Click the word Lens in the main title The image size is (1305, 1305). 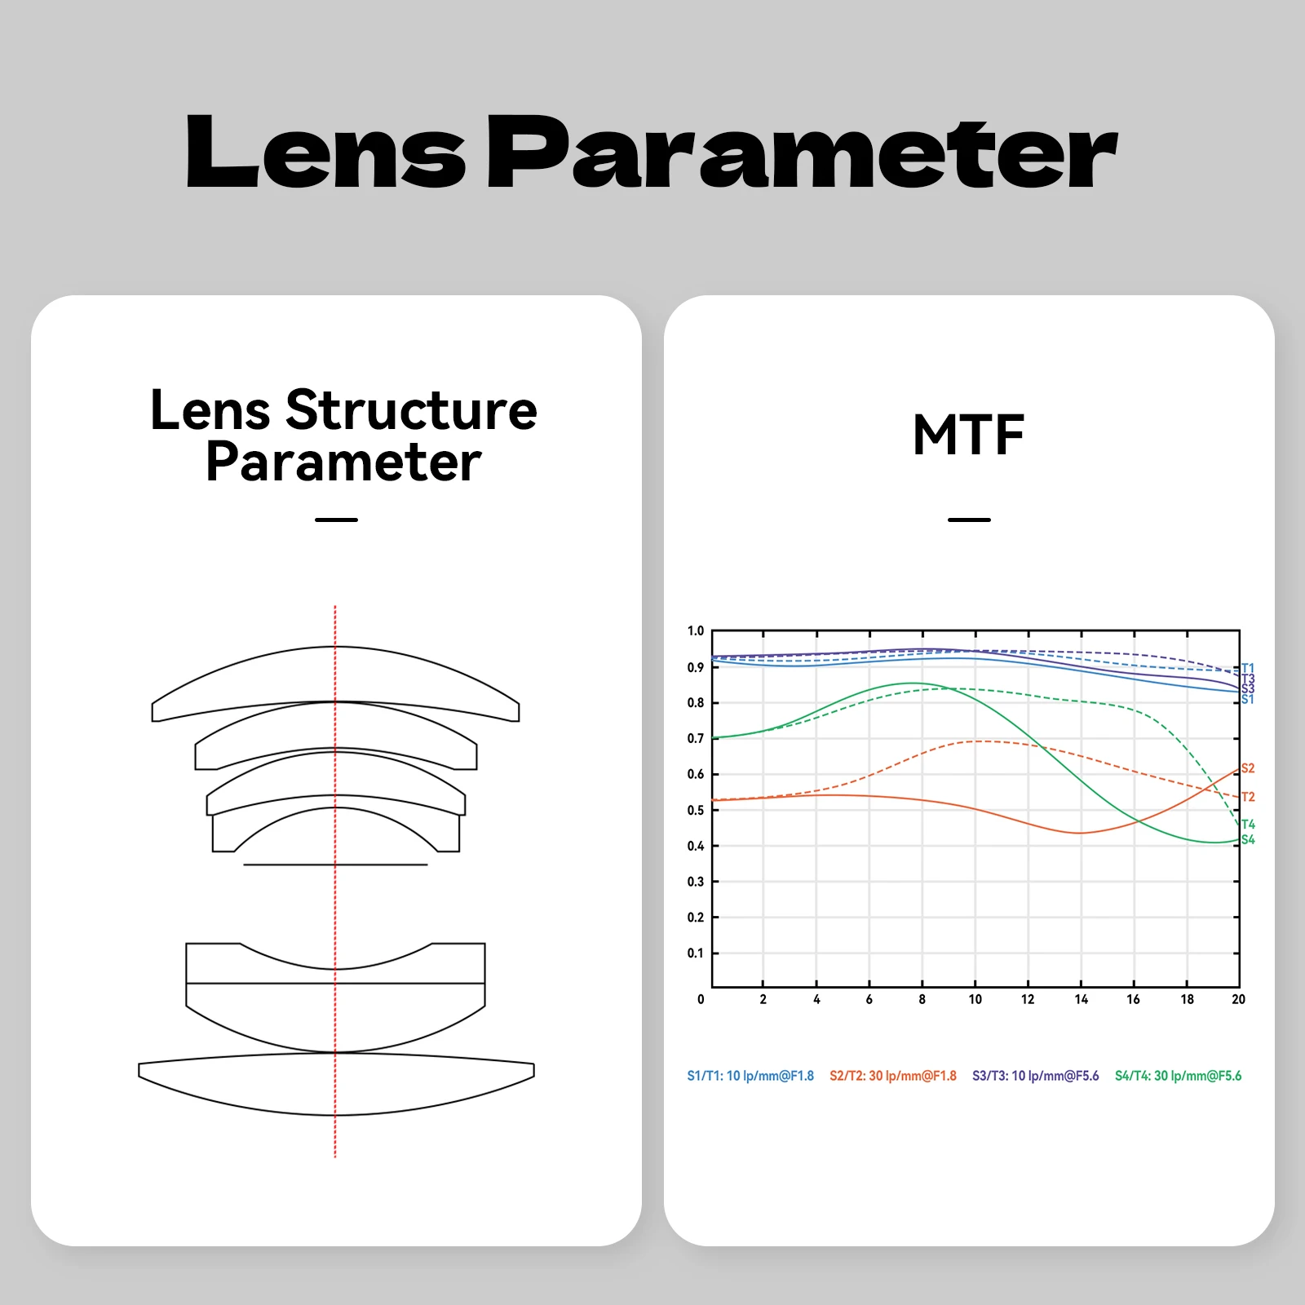tap(326, 152)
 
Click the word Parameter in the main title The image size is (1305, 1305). tap(803, 152)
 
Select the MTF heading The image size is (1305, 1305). tap(969, 435)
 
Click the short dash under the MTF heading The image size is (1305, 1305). tap(969, 520)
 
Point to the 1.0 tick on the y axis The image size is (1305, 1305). tap(695, 631)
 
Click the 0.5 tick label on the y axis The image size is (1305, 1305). tap(695, 810)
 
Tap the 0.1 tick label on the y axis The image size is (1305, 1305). tap(695, 953)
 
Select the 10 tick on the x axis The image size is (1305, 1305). tap(975, 999)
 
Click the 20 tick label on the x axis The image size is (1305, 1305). tap(1238, 999)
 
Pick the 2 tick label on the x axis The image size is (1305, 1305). tap(763, 999)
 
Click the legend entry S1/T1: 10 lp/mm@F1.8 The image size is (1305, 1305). tap(750, 1076)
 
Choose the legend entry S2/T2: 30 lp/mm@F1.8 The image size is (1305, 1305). tap(893, 1076)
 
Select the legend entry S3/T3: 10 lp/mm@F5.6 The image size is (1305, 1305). tap(1036, 1076)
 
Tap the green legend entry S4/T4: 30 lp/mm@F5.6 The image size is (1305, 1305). tap(1179, 1076)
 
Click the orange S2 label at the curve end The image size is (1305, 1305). tap(1248, 768)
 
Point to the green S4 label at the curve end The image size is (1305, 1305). tap(1248, 840)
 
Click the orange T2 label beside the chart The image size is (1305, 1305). tap(1248, 797)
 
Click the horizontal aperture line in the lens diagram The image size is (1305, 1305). tap(335, 865)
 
